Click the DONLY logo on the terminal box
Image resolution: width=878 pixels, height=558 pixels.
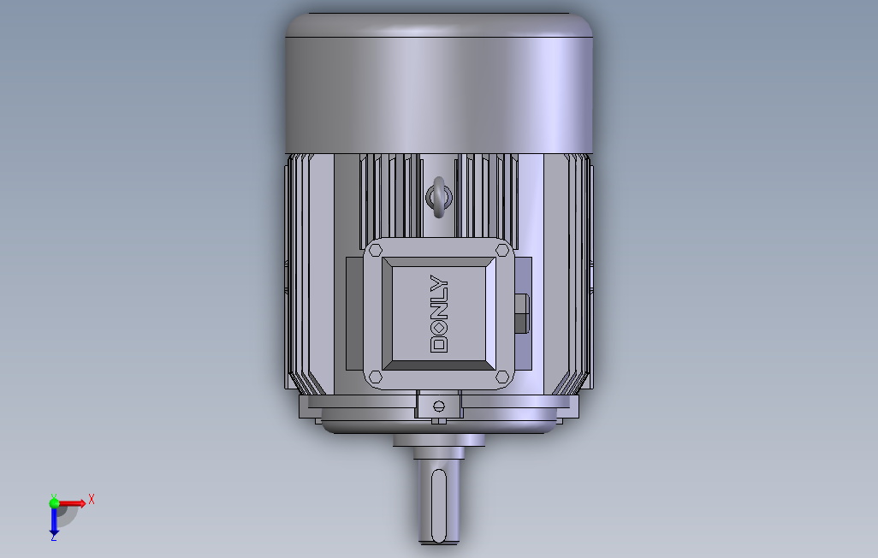point(439,313)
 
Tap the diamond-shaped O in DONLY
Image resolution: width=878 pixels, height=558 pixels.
point(439,327)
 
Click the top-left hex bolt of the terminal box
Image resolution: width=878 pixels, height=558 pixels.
point(376,250)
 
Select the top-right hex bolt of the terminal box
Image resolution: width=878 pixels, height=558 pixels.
point(502,250)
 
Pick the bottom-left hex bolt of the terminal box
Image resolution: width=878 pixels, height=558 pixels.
point(376,377)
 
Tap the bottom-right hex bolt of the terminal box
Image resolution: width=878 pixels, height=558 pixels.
point(502,377)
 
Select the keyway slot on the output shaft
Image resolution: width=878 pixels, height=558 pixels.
point(439,505)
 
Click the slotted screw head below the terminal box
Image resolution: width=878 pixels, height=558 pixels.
point(439,405)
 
